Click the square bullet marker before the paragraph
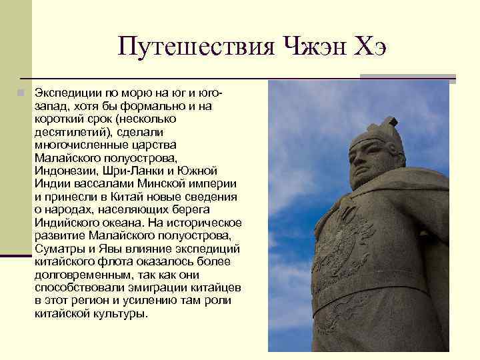click(22, 93)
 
